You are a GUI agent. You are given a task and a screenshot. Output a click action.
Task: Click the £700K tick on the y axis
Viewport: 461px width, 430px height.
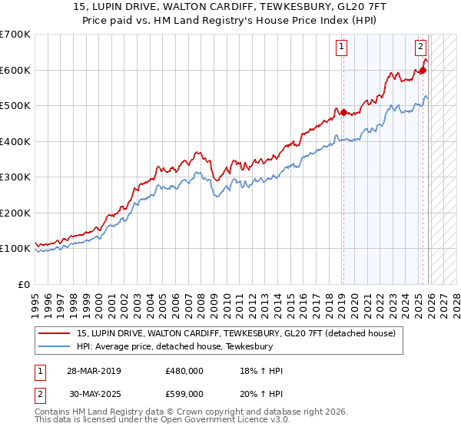[15, 35]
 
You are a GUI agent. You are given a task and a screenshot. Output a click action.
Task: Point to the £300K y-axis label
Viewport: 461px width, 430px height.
[15, 177]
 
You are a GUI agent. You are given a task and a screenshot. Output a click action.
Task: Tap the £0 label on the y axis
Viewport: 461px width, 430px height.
[24, 284]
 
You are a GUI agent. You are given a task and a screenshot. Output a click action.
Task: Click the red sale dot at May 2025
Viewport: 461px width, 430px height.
[423, 71]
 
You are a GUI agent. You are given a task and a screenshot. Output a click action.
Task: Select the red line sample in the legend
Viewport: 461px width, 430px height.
[55, 333]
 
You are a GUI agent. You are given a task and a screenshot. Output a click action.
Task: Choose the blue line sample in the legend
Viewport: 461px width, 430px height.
[55, 347]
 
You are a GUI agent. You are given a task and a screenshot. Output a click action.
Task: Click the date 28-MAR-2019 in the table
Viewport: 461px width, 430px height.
[91, 370]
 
